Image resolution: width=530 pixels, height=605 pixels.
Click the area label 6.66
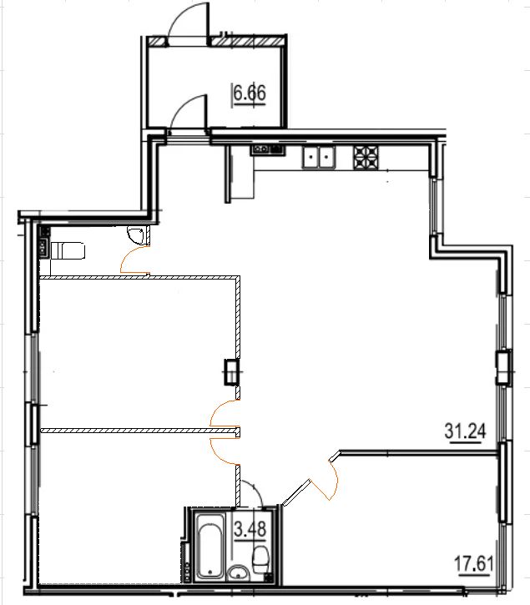pos(250,93)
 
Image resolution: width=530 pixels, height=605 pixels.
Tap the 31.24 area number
pos(465,431)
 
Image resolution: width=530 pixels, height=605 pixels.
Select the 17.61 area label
pos(473,564)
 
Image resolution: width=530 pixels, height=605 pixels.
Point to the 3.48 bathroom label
pos(250,528)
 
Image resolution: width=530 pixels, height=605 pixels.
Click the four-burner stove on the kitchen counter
pos(366,158)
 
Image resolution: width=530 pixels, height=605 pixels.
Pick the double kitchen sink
pos(319,158)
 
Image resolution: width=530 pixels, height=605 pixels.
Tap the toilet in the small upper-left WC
pos(68,250)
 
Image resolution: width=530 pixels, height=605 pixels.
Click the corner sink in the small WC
pos(136,235)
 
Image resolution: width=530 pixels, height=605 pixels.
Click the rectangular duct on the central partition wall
pos(231,371)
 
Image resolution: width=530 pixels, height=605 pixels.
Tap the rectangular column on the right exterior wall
pos(503,366)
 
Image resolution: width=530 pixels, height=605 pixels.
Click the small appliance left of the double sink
pos(268,149)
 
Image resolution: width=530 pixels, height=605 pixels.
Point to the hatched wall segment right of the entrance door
pos(246,41)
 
